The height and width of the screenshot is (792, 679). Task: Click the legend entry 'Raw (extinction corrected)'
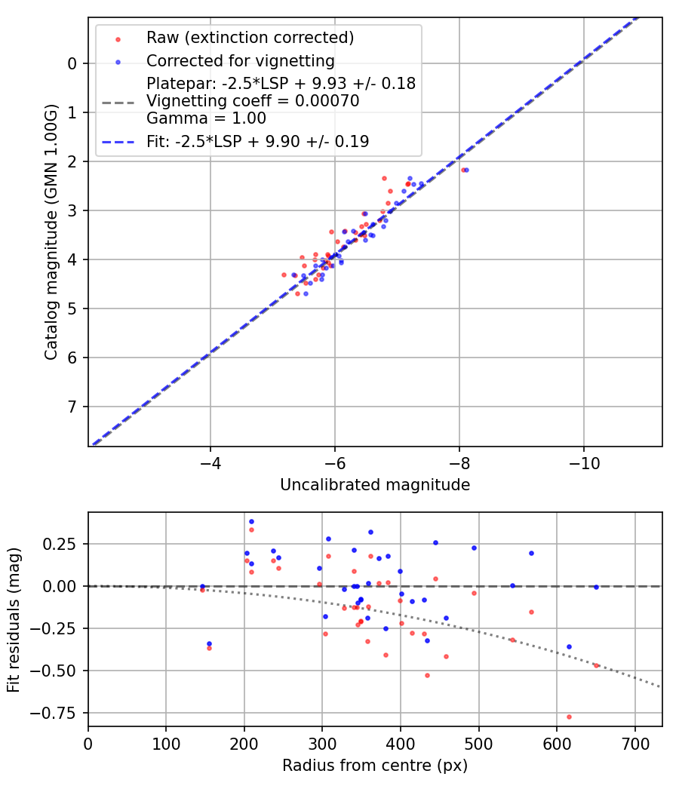[250, 38]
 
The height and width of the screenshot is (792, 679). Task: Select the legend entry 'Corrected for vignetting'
[240, 60]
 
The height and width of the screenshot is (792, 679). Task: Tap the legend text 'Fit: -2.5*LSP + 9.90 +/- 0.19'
[257, 142]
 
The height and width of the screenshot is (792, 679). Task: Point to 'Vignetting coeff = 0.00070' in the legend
[253, 101]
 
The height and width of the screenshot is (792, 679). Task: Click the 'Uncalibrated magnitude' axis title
[375, 485]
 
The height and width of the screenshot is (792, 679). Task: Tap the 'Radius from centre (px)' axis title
[375, 766]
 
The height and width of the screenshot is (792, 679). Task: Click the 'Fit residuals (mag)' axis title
[14, 619]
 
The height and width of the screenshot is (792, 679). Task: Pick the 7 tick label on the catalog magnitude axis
[72, 407]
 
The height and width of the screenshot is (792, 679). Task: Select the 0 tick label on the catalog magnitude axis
[72, 63]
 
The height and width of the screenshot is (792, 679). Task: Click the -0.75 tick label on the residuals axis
[59, 713]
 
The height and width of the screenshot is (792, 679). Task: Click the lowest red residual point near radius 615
[569, 717]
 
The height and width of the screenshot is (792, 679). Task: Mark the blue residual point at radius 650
[596, 587]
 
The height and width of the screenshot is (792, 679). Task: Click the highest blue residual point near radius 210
[251, 521]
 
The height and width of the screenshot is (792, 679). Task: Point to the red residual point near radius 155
[209, 648]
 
